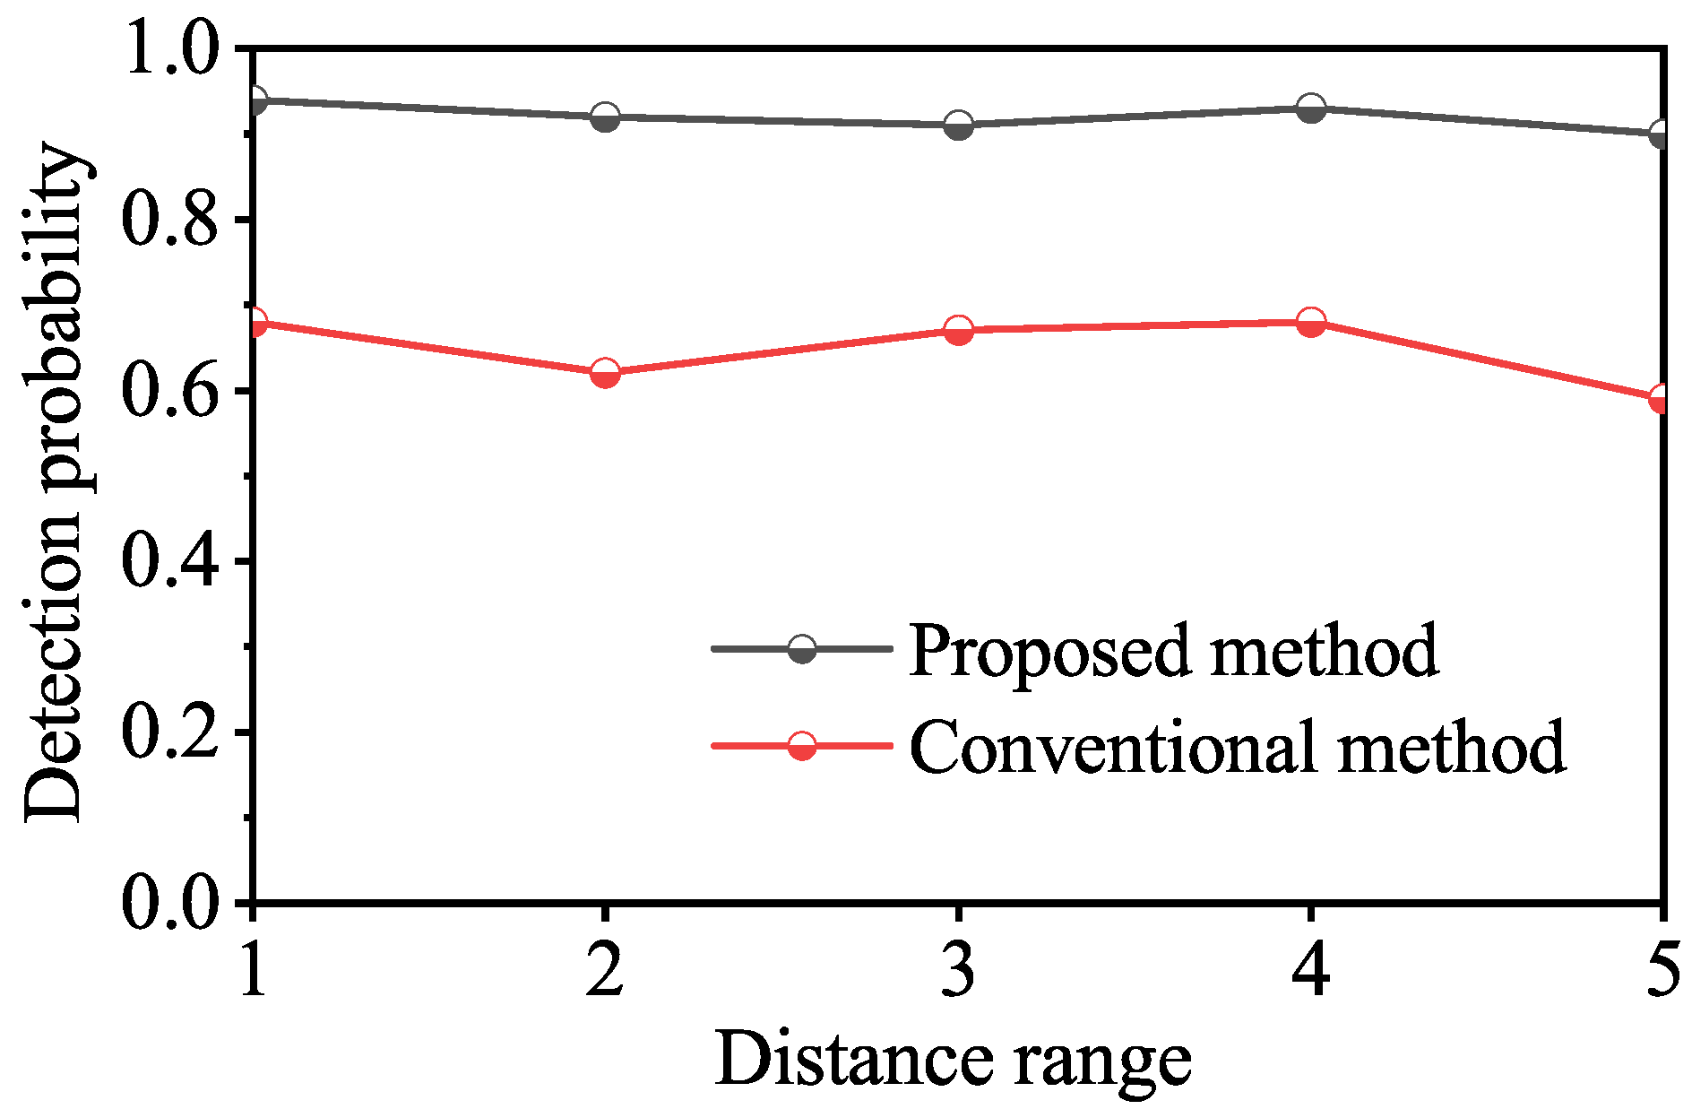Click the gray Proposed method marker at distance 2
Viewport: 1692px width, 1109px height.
[605, 117]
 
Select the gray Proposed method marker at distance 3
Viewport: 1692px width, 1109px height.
[958, 126]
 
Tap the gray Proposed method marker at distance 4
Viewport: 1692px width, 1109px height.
[1311, 108]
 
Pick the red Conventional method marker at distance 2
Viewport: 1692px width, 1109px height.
[605, 373]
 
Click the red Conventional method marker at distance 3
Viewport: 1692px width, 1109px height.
[958, 331]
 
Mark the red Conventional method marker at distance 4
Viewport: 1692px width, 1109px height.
[1311, 322]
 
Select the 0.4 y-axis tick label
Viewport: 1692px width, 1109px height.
[169, 561]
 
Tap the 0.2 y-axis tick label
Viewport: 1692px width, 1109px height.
[169, 732]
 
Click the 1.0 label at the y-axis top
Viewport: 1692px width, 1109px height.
[169, 48]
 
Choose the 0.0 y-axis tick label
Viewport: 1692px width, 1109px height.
[169, 902]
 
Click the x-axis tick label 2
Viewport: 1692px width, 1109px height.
[605, 971]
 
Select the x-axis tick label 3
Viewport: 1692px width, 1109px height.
[958, 971]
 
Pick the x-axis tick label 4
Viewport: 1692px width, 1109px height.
[1311, 971]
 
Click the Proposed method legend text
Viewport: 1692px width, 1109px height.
[1172, 650]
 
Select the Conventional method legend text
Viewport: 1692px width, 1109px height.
[1237, 746]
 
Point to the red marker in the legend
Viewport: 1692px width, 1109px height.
[801, 745]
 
